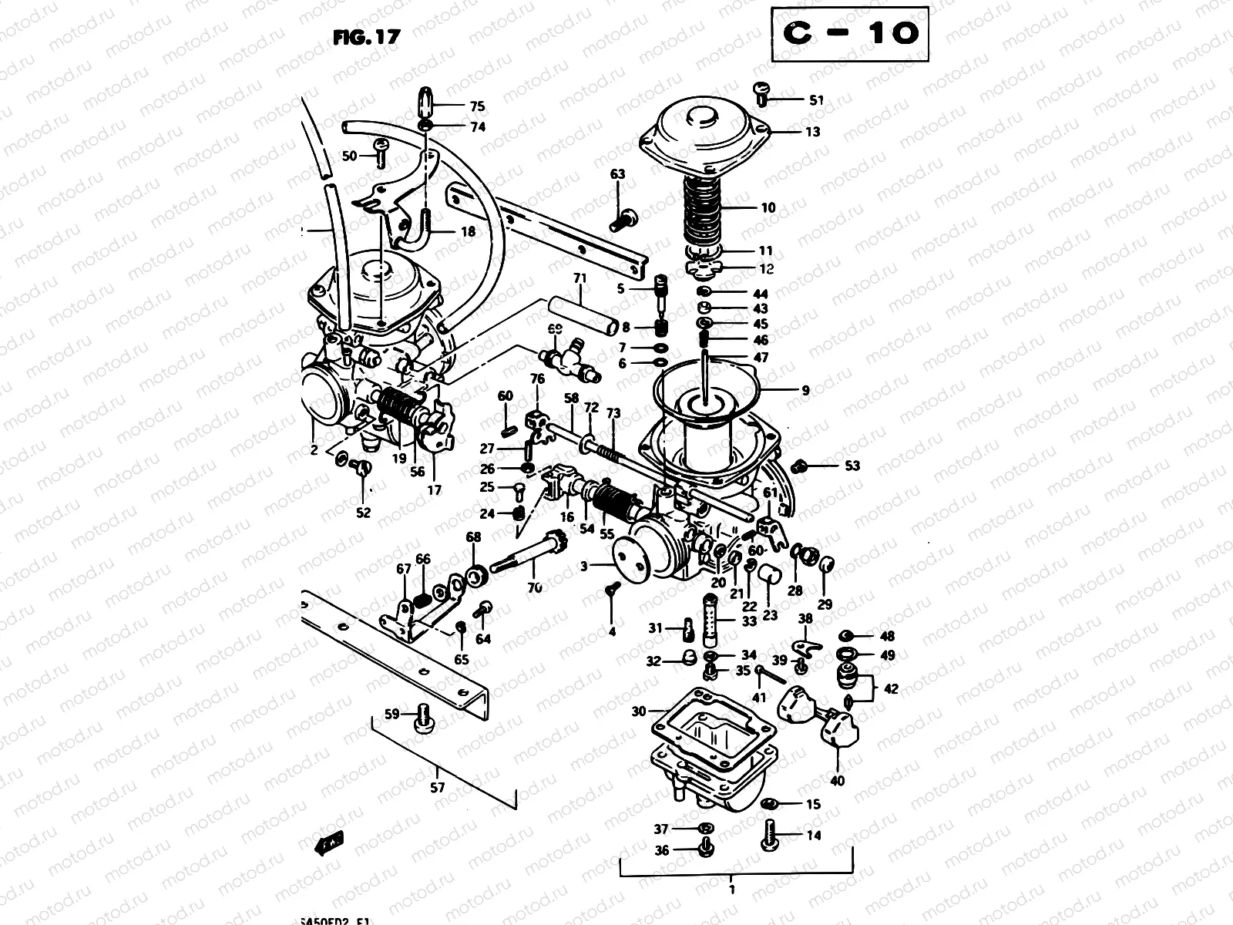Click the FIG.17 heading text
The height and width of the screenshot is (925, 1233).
pyautogui.click(x=367, y=37)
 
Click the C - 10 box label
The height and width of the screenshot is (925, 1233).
pyautogui.click(x=850, y=33)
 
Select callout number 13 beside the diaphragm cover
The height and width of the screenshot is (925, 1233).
pyautogui.click(x=812, y=132)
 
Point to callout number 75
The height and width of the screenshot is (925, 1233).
pyautogui.click(x=478, y=107)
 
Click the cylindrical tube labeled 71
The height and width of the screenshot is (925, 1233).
pyautogui.click(x=581, y=313)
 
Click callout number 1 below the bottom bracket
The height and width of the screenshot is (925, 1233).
pyautogui.click(x=731, y=890)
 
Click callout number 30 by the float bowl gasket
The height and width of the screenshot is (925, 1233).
pyautogui.click(x=639, y=711)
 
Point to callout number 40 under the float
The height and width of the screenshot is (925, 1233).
pyautogui.click(x=837, y=781)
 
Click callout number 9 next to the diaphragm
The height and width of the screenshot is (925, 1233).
pyautogui.click(x=805, y=391)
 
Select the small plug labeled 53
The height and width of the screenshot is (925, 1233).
pyautogui.click(x=801, y=466)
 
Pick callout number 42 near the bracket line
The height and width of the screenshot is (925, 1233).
pyautogui.click(x=891, y=689)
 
